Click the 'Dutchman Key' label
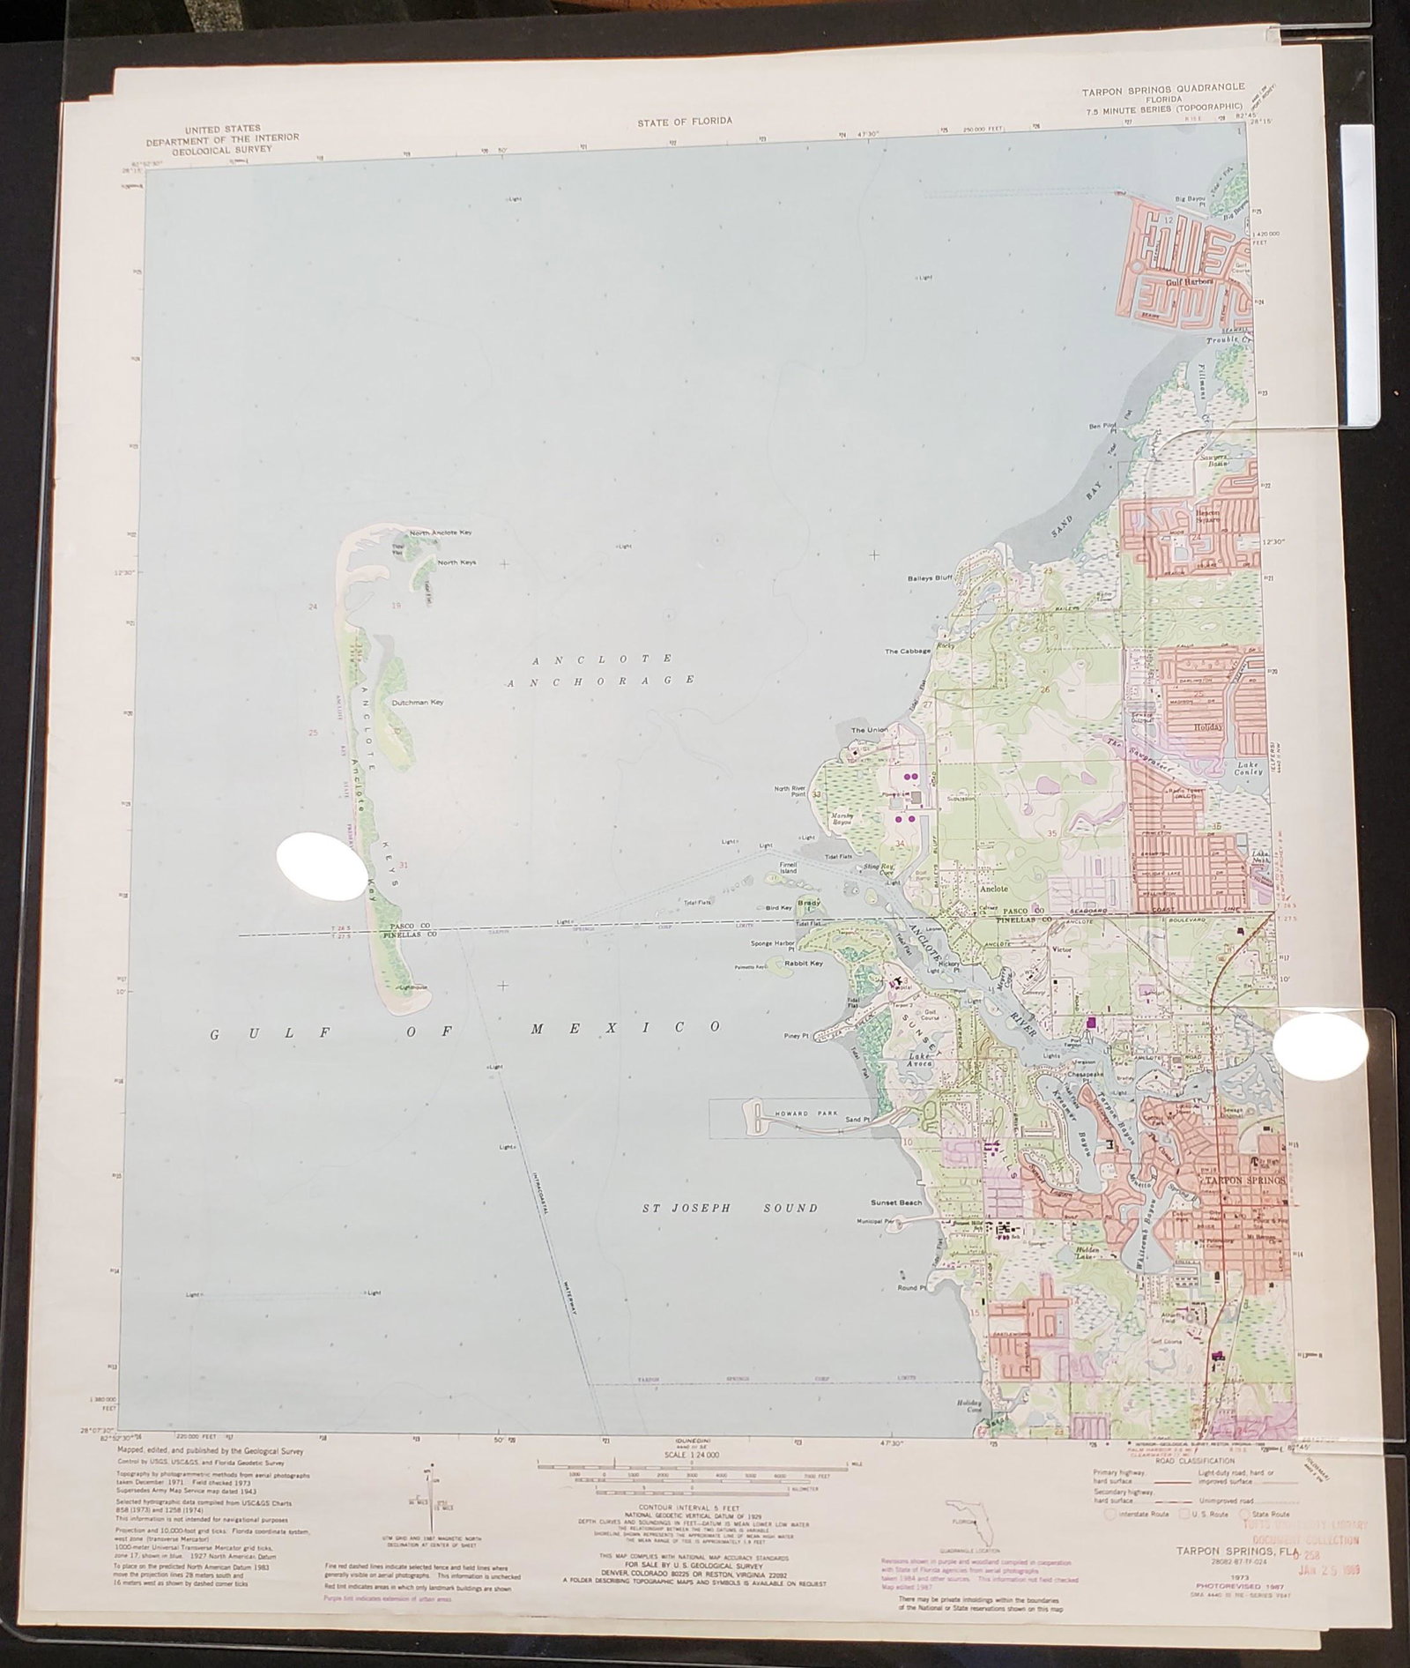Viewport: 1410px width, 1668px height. point(417,703)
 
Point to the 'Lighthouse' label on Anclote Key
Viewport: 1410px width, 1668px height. point(411,987)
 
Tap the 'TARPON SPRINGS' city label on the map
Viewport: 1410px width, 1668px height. point(1245,1180)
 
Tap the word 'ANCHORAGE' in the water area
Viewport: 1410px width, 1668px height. point(601,680)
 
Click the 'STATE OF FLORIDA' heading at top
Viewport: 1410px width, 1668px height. point(684,122)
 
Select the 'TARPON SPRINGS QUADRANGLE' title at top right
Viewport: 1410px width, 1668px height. point(1163,87)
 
